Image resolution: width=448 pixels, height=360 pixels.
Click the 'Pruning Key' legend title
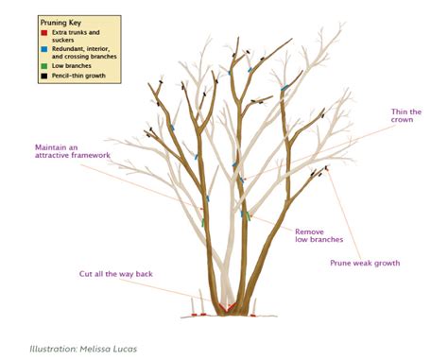tap(61, 20)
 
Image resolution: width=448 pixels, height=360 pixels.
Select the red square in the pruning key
tap(43, 31)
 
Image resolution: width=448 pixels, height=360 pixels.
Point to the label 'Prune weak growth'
tap(364, 263)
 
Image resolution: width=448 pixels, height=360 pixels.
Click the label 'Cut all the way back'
tap(115, 274)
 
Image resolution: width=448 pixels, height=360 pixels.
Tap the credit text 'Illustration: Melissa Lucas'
tap(82, 349)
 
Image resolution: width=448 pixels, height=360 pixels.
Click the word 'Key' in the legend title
tap(78, 20)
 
